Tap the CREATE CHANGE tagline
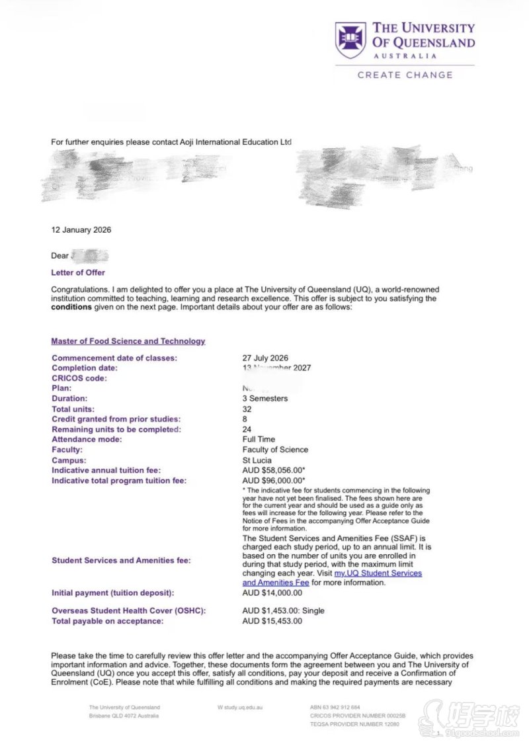(x=405, y=75)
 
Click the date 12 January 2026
(x=81, y=230)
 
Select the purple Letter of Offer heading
(x=78, y=272)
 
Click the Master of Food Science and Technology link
(x=128, y=341)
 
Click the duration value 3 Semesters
(x=264, y=399)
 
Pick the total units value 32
(x=247, y=409)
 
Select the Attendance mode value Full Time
(x=259, y=439)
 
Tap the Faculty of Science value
(x=275, y=450)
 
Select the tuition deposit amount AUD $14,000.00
(x=272, y=593)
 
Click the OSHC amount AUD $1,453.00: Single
(x=284, y=610)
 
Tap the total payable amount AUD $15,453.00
(x=272, y=621)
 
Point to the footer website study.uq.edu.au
(x=241, y=707)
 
